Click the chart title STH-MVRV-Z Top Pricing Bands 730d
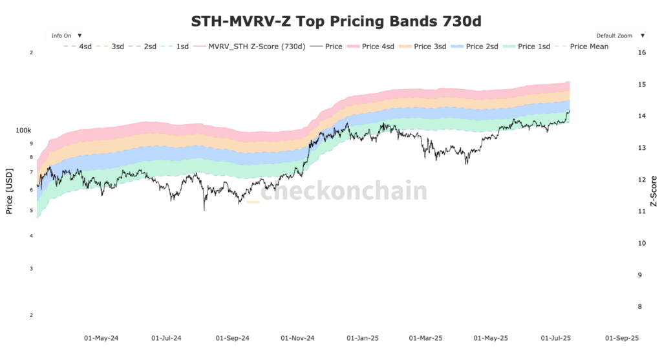(336, 21)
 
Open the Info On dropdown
(66, 36)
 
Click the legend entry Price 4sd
(370, 47)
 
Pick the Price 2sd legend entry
(475, 47)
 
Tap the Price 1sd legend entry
(526, 47)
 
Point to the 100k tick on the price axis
(24, 131)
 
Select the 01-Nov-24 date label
(297, 338)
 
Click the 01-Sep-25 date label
(621, 338)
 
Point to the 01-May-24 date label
(102, 338)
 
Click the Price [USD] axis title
(9, 191)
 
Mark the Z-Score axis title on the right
(653, 191)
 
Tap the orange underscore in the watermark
(253, 202)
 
